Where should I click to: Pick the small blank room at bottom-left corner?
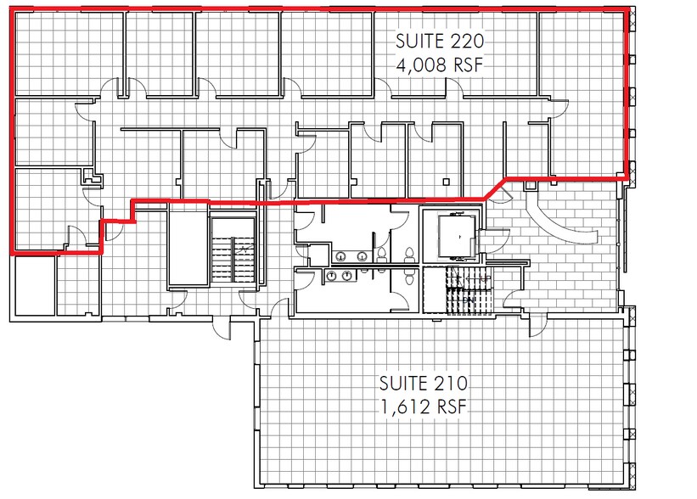click(x=35, y=285)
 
